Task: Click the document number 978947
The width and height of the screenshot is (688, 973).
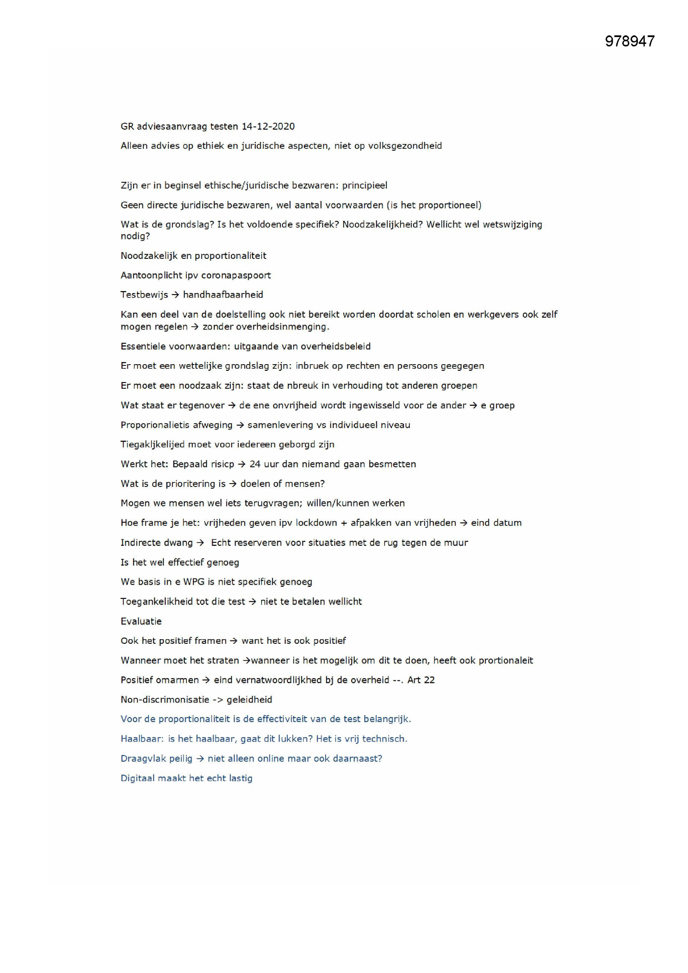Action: (x=629, y=41)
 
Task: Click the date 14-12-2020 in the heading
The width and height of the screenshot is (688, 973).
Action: (x=268, y=126)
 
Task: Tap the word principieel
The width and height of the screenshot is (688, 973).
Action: (x=365, y=185)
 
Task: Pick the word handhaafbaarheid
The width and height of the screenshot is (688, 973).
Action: (x=223, y=295)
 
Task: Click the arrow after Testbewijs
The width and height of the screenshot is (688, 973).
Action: (x=176, y=295)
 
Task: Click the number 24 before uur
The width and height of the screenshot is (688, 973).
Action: (x=255, y=464)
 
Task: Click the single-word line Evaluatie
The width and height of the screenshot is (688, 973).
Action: (x=141, y=621)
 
